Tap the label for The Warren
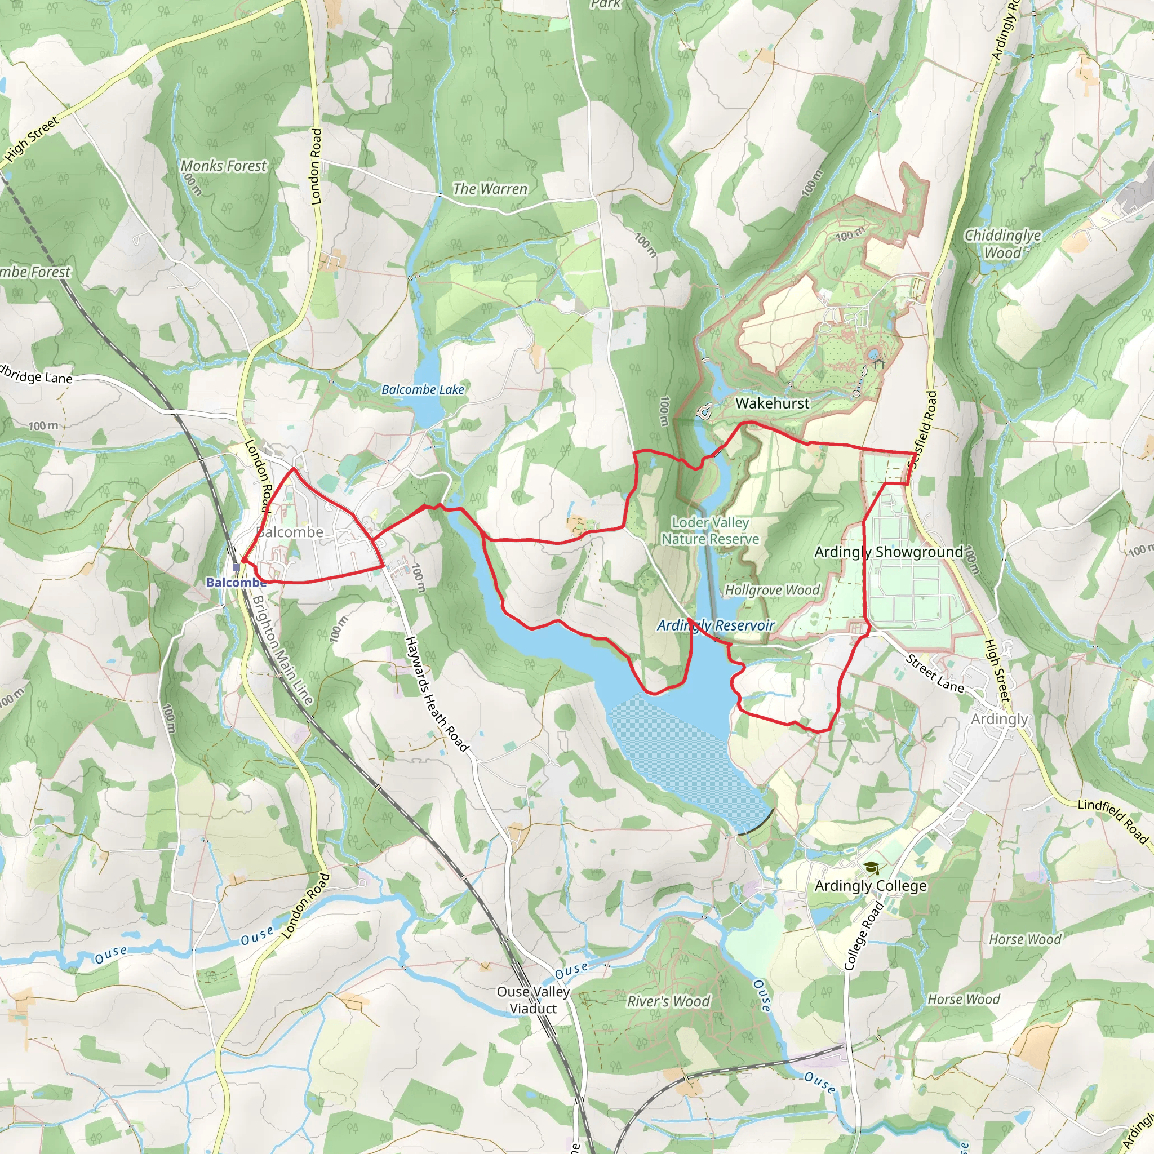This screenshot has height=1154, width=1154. [x=490, y=189]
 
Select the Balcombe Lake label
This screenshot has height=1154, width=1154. [x=423, y=389]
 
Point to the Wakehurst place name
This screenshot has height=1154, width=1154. [x=773, y=403]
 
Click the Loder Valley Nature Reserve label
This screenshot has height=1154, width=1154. [x=710, y=530]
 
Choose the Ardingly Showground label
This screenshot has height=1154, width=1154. [x=889, y=552]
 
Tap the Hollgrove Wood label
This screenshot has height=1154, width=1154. [x=773, y=590]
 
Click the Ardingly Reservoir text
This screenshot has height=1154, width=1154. [x=716, y=625]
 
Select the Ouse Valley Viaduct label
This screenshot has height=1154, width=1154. [x=533, y=1000]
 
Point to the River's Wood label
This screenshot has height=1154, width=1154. [x=668, y=1002]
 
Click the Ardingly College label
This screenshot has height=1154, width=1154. [x=870, y=886]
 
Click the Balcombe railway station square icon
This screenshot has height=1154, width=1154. [x=237, y=567]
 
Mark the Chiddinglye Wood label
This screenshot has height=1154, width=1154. [x=1003, y=243]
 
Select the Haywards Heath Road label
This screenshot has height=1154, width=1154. [x=437, y=694]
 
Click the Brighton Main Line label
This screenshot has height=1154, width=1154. [x=282, y=649]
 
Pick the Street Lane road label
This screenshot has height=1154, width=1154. [x=935, y=674]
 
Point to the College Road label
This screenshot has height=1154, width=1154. [x=864, y=935]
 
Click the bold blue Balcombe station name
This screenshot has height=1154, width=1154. [x=236, y=583]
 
